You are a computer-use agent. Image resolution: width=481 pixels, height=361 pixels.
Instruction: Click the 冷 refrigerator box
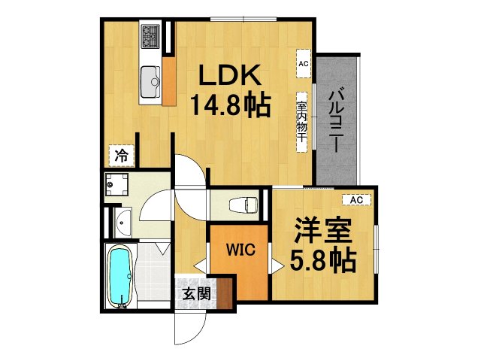(121, 156)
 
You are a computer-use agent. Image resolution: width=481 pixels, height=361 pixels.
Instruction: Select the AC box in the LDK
(304, 64)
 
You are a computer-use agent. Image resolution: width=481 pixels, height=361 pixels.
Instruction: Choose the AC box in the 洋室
(356, 199)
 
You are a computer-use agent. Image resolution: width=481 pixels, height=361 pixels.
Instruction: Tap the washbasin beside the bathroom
(122, 222)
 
